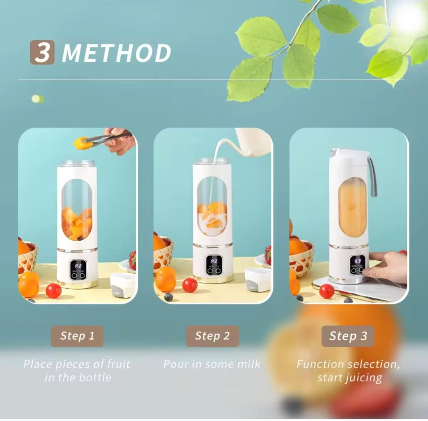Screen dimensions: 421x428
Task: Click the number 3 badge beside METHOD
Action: pyautogui.click(x=42, y=52)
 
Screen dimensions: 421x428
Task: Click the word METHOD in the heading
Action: pyautogui.click(x=116, y=53)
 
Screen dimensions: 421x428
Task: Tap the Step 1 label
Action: pyautogui.click(x=77, y=336)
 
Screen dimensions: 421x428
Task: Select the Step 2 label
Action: pyautogui.click(x=212, y=336)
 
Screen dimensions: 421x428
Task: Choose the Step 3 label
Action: pyautogui.click(x=348, y=336)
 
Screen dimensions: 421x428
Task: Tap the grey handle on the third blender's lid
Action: pyautogui.click(x=373, y=177)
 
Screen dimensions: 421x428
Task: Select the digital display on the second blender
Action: pyautogui.click(x=214, y=261)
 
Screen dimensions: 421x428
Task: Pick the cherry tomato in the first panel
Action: pyautogui.click(x=53, y=290)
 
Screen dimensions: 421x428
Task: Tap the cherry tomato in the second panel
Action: pyautogui.click(x=189, y=285)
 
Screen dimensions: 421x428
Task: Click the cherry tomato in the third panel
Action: pyautogui.click(x=326, y=291)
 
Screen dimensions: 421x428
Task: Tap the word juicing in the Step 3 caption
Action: pyautogui.click(x=364, y=378)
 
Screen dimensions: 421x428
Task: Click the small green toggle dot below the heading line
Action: pyautogui.click(x=37, y=99)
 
